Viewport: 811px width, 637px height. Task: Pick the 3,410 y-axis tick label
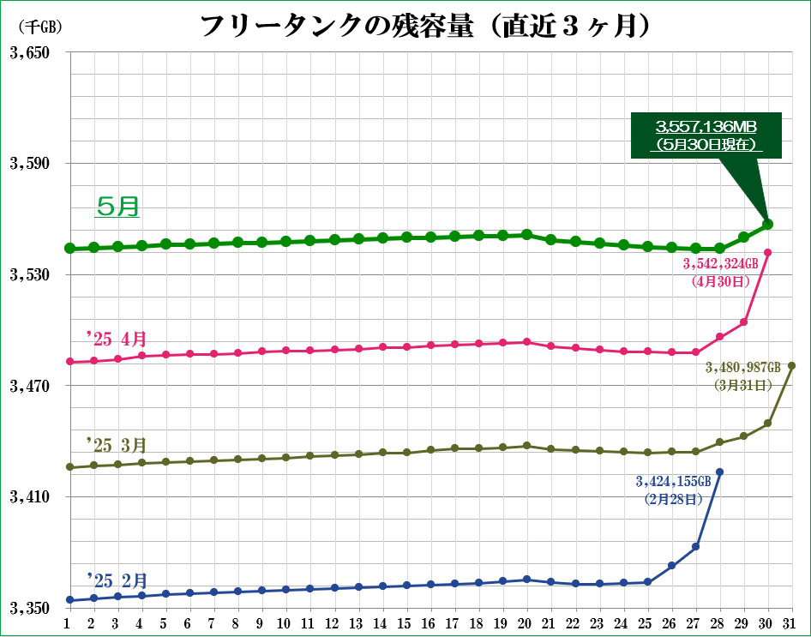[29, 497]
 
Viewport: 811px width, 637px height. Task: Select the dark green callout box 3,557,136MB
[706, 135]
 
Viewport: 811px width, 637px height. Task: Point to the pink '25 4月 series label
[117, 338]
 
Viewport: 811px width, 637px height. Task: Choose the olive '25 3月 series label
[117, 445]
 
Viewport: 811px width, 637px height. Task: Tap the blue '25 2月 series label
[117, 579]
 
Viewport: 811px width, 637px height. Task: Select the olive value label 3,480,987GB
[742, 375]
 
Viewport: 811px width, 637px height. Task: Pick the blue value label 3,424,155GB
[673, 489]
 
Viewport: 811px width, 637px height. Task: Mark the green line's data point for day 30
[767, 225]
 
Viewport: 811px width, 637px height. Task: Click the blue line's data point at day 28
[719, 472]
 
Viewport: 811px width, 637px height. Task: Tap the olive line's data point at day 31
[791, 366]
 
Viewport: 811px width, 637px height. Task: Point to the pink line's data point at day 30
[767, 252]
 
